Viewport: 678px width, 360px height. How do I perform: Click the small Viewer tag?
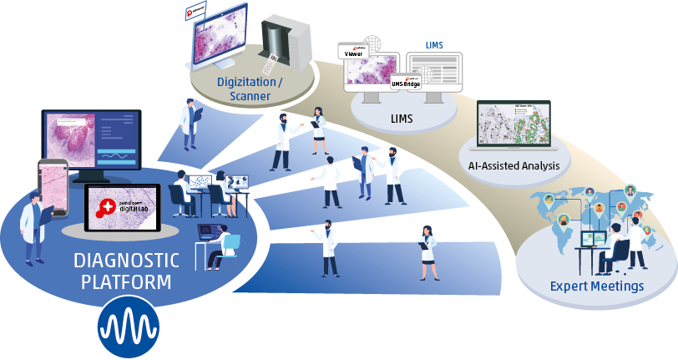353,53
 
